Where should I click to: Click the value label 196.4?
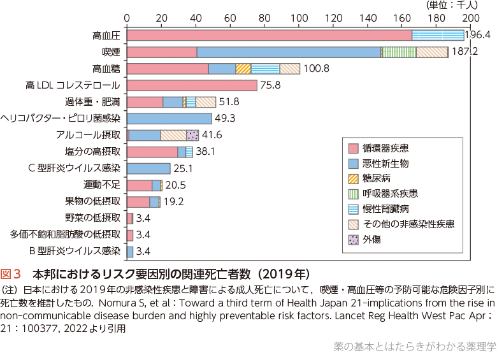tap(479, 35)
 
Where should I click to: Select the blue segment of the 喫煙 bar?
tap(289, 52)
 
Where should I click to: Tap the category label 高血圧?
tap(106, 36)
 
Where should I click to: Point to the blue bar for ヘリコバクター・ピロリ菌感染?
tap(169, 119)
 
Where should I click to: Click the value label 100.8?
tap(316, 69)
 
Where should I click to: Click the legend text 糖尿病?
tap(377, 178)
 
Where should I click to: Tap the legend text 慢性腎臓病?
tap(385, 209)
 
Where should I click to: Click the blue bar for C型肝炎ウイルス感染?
tap(148, 168)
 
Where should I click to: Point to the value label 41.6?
tap(212, 135)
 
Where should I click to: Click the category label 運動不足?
tap(102, 185)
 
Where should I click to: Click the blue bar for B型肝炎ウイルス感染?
tap(130, 251)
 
